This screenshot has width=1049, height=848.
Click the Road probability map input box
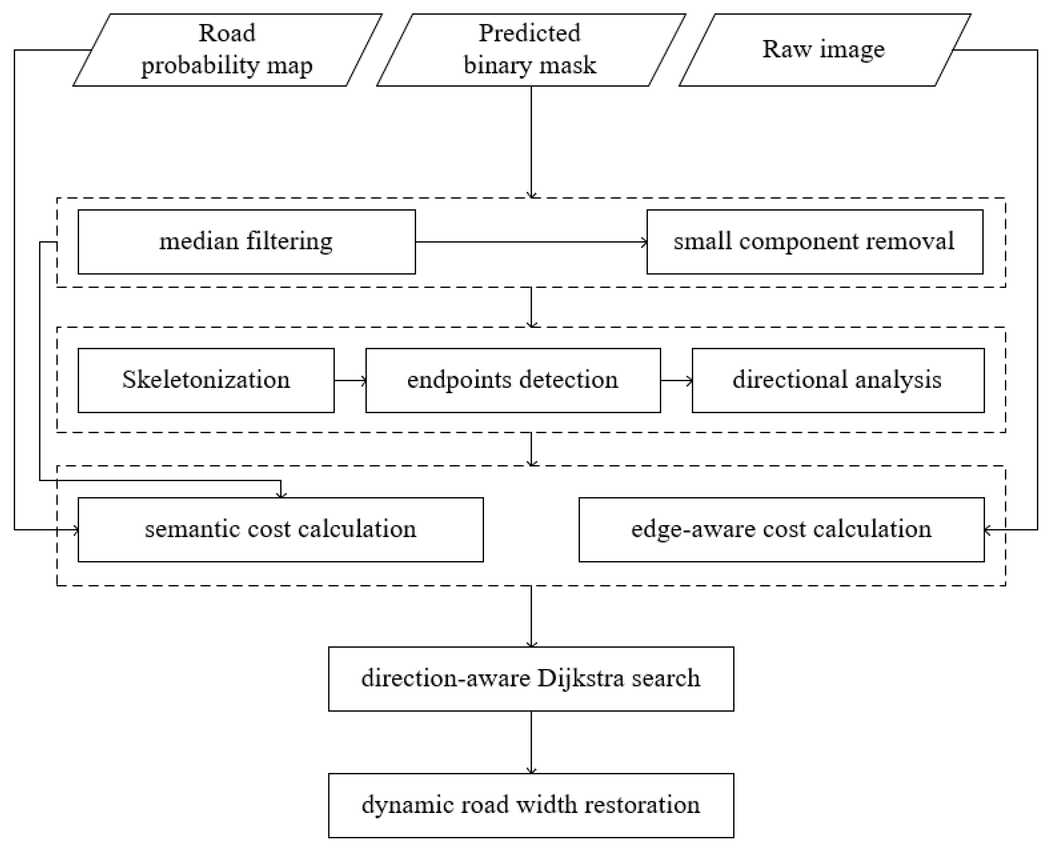tap(227, 50)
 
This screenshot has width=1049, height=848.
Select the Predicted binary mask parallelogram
tap(531, 50)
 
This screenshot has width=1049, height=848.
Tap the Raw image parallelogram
tap(825, 50)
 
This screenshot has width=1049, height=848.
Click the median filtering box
tap(247, 242)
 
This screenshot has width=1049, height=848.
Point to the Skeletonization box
tap(206, 381)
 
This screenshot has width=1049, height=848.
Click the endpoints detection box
tap(513, 381)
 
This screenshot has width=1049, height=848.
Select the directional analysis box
tap(838, 381)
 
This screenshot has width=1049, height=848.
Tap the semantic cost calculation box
tap(281, 530)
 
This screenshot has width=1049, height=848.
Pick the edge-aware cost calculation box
tap(781, 530)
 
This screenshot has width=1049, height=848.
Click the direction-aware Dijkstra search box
tap(531, 679)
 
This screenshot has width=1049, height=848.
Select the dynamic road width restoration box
tap(531, 806)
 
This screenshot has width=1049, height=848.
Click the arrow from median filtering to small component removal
tap(531, 242)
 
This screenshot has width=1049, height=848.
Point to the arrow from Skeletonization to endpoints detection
tap(350, 381)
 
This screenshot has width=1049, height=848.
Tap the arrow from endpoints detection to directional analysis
tap(677, 381)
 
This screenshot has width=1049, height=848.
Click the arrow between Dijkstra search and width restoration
tap(531, 742)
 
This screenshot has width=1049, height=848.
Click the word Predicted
tap(530, 33)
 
